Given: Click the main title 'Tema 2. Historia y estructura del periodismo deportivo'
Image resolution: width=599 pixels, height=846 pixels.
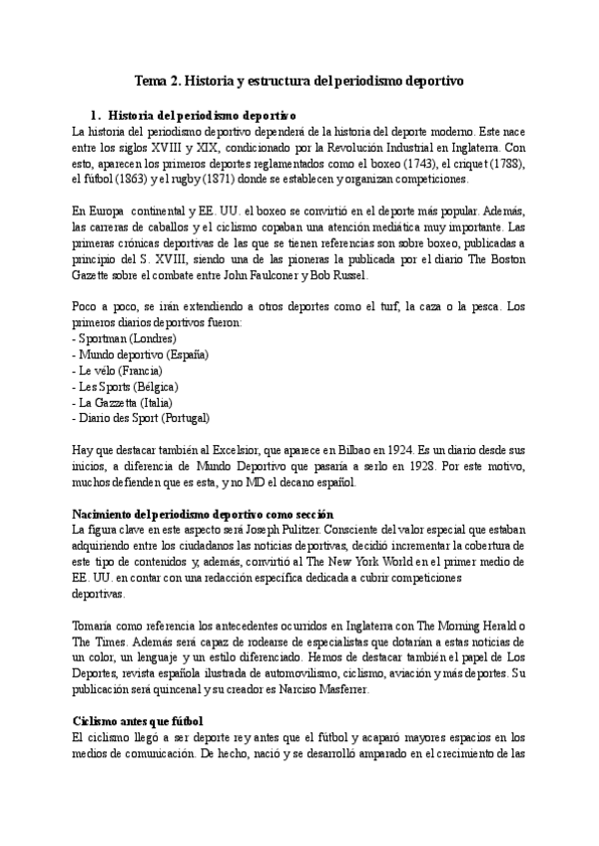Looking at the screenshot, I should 299,79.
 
